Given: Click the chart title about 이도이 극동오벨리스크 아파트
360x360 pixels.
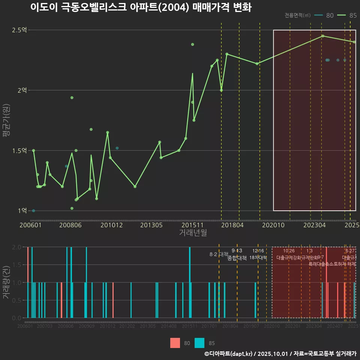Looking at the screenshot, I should [141, 7].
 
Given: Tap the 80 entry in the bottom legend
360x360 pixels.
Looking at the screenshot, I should [187, 343].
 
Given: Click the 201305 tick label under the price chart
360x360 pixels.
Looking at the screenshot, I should [151, 225].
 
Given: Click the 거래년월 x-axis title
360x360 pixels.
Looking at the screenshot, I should [193, 232].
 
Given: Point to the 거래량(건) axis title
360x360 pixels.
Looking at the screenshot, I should [6, 282].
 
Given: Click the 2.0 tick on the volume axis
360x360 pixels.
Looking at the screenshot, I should [17, 247].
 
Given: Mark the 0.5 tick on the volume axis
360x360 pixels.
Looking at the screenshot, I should [17, 300].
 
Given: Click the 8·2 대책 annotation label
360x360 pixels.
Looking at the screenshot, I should [219, 254].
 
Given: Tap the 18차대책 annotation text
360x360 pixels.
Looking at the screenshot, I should [258, 258].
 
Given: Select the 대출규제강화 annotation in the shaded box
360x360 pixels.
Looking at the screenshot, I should [289, 258].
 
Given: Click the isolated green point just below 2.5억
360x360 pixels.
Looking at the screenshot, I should [192, 44].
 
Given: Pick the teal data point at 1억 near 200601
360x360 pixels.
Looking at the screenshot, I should [33, 211].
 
